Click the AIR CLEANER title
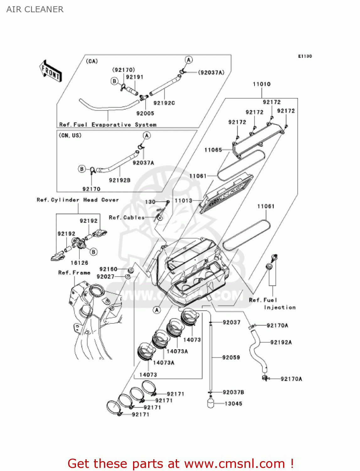click(x=35, y=9)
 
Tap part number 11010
click(x=261, y=84)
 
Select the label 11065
click(x=213, y=150)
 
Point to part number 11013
click(x=183, y=200)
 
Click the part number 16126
click(x=79, y=263)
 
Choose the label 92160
click(x=108, y=269)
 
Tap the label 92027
click(x=105, y=277)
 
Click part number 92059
click(x=231, y=357)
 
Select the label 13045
click(x=234, y=404)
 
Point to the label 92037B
click(x=233, y=392)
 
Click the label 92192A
click(x=281, y=342)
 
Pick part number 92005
click(x=145, y=113)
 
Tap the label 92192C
click(x=164, y=103)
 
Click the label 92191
click(x=135, y=77)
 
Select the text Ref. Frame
click(x=74, y=273)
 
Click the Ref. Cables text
click(x=126, y=218)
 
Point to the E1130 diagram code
click(x=305, y=56)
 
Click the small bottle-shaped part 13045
click(x=211, y=402)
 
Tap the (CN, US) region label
click(x=70, y=135)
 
